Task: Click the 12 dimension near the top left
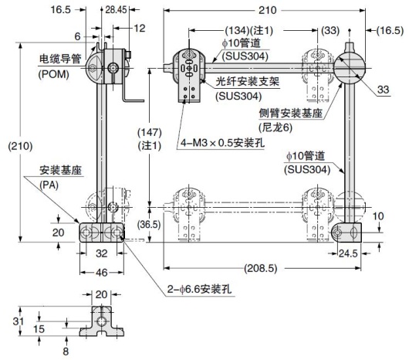(139, 29)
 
